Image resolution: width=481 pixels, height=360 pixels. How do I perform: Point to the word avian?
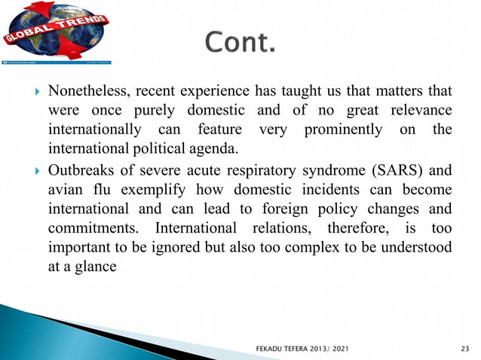64,188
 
